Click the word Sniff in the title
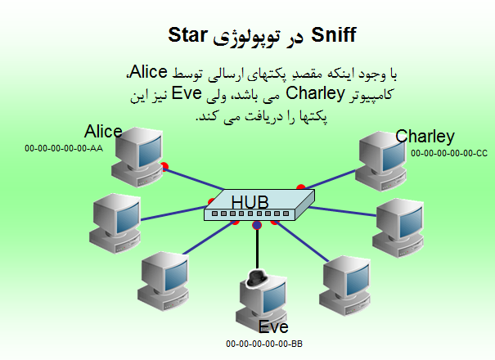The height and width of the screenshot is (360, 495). click(x=334, y=34)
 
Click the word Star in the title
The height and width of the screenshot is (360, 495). click(x=187, y=34)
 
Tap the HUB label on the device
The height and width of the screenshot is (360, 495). click(x=250, y=202)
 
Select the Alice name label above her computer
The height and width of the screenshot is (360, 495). click(x=103, y=132)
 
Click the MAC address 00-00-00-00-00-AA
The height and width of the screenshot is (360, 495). click(x=64, y=148)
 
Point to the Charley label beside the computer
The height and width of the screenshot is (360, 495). click(x=425, y=137)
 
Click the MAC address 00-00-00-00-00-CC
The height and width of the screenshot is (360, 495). click(x=449, y=153)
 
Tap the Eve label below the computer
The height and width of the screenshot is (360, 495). click(x=273, y=327)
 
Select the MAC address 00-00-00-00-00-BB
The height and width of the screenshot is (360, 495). click(x=264, y=344)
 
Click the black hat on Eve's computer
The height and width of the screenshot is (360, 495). click(x=256, y=278)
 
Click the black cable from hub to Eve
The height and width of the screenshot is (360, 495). click(x=257, y=249)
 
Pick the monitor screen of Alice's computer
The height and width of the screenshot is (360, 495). click(x=150, y=152)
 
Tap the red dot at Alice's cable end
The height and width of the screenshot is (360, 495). click(x=164, y=166)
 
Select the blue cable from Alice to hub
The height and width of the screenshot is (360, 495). click(x=194, y=179)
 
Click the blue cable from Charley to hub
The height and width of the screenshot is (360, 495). click(x=331, y=179)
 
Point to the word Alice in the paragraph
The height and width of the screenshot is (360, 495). click(x=148, y=72)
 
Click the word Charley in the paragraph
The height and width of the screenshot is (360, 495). click(x=315, y=94)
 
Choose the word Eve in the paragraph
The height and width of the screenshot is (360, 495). click(x=187, y=92)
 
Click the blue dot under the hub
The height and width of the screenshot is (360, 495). click(x=257, y=225)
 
